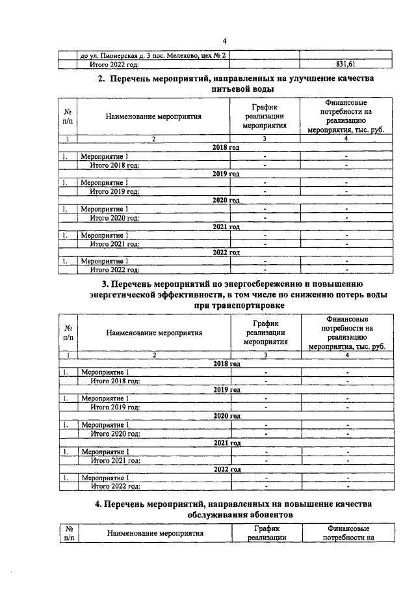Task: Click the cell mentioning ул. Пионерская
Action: [152, 55]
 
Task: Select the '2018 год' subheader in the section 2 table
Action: [226, 148]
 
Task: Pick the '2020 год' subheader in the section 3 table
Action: [227, 416]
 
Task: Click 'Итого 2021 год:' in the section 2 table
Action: [115, 244]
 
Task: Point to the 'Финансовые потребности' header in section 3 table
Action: [346, 333]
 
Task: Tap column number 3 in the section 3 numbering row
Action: [265, 355]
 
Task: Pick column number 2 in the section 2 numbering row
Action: [154, 139]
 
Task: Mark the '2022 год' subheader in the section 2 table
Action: [226, 253]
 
